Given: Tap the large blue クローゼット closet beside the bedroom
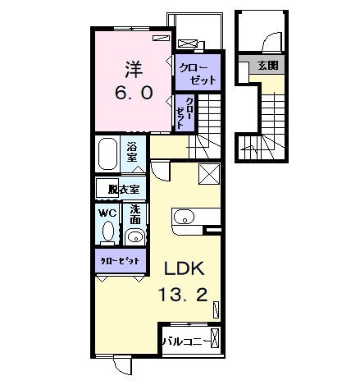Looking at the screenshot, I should click(x=198, y=71).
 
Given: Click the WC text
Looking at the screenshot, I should click(x=107, y=211).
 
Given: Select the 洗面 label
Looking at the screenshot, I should click(x=136, y=215).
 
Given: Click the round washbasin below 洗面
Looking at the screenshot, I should click(x=135, y=238).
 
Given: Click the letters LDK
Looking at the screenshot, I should click(x=186, y=268).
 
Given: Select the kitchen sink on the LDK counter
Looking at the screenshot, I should click(x=184, y=218).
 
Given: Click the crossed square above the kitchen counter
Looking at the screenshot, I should click(x=209, y=175).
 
